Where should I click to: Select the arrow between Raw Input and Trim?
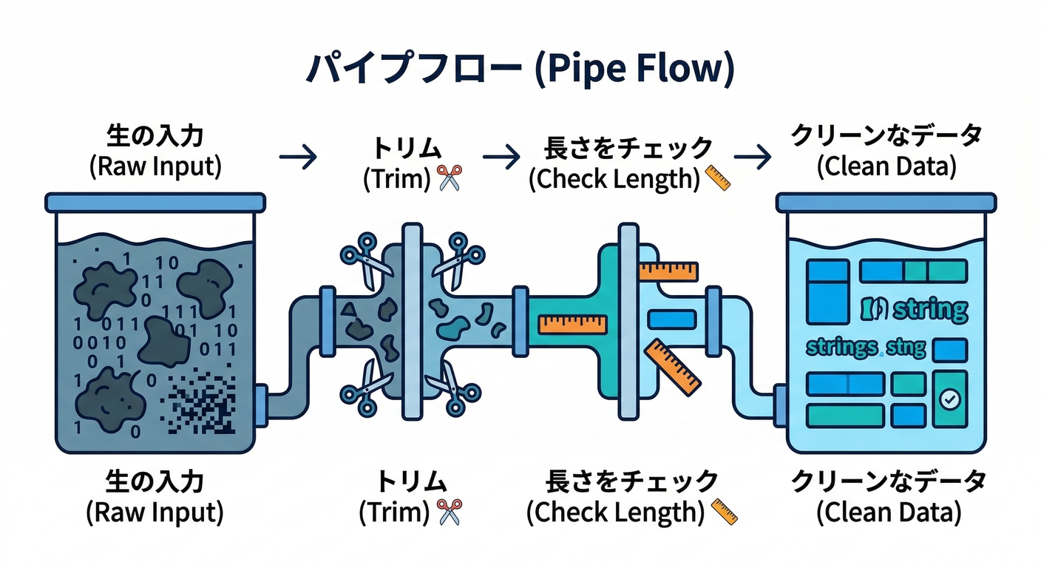pos(298,156)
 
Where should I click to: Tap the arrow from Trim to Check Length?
pos(501,156)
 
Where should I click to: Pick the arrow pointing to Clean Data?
pos(753,156)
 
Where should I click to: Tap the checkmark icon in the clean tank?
pos(949,399)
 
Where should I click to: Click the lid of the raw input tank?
pos(155,202)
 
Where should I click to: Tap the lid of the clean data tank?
pos(886,202)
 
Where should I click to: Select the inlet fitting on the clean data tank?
pos(781,405)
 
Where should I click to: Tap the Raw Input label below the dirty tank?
pos(155,497)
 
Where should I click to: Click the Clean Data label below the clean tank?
pos(888,497)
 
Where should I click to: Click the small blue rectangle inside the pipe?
pos(671,319)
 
